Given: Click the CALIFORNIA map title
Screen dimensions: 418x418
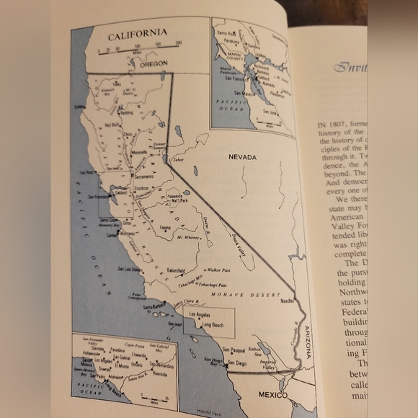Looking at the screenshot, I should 137,33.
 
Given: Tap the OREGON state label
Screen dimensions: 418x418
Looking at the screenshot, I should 153,63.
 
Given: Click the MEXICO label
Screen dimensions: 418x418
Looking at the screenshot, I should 273,395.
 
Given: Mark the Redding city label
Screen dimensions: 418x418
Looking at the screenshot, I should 126,113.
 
